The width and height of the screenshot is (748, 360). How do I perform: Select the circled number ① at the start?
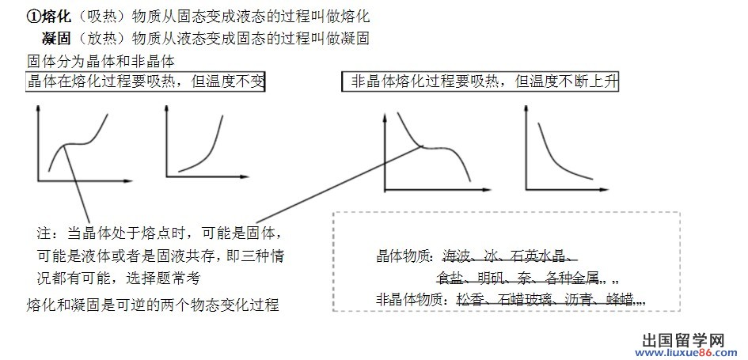pos(33,16)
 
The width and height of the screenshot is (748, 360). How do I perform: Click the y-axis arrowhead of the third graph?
pos(385,119)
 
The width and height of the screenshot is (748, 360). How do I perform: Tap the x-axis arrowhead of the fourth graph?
pos(609,190)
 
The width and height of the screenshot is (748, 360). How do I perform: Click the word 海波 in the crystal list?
pos(458,256)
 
